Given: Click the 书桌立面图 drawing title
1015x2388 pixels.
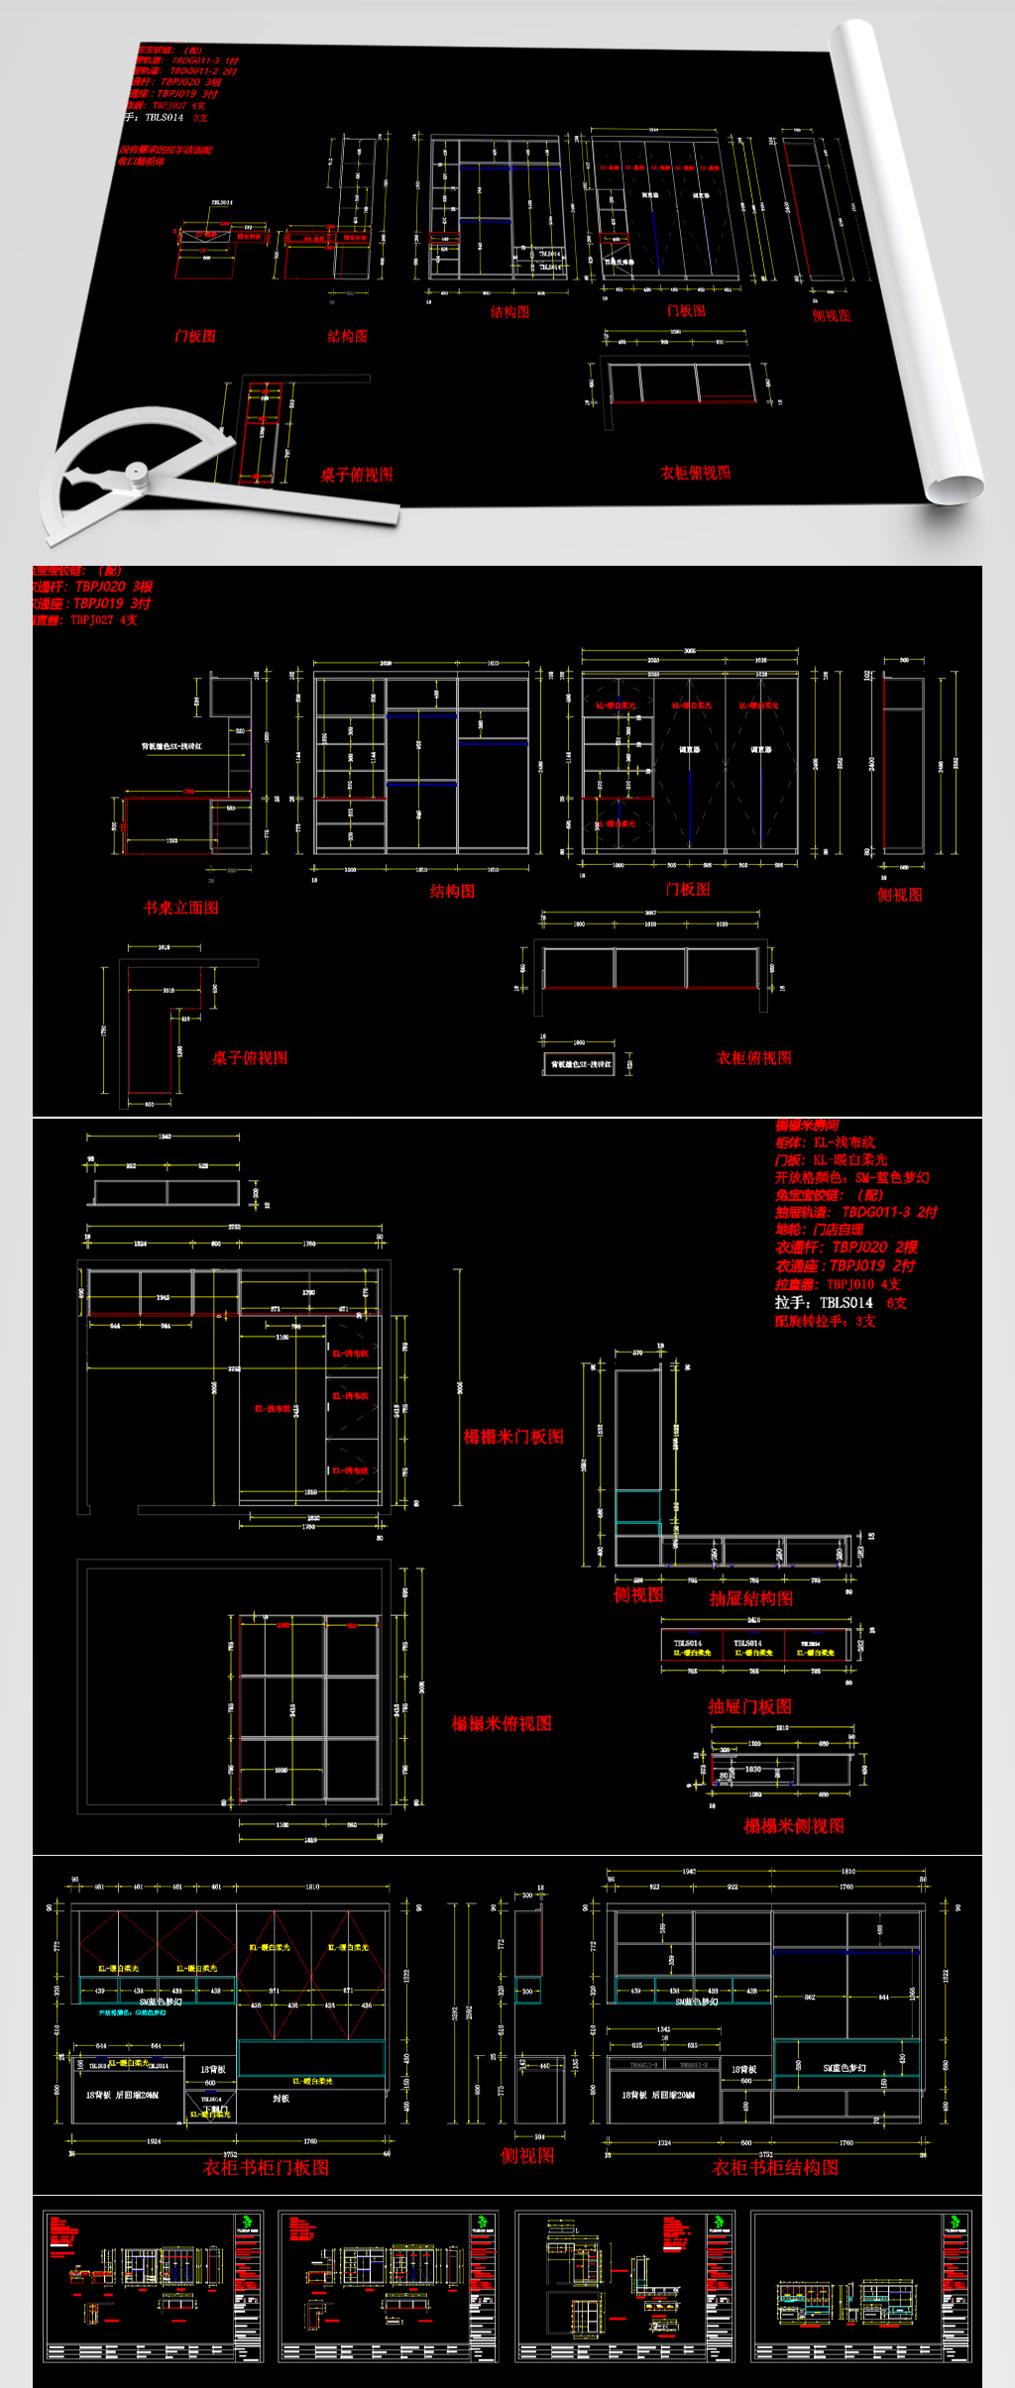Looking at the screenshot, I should click(180, 908).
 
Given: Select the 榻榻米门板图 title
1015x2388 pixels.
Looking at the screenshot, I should click(513, 1437).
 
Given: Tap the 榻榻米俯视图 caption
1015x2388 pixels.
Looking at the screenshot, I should click(502, 1723).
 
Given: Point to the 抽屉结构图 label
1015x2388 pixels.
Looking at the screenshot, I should click(751, 1598).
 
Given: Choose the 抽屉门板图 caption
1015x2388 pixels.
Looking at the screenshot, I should click(749, 1705).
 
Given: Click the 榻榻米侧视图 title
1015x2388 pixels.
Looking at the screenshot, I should click(794, 1825).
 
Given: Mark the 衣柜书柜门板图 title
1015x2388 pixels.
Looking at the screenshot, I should click(266, 2167).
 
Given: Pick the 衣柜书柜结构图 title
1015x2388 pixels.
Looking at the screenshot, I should click(775, 2167).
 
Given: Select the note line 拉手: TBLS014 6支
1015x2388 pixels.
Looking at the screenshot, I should click(841, 1303).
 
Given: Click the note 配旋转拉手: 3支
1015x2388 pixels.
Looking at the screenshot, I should click(825, 1321).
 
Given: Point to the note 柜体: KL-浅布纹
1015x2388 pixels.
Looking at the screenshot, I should click(825, 1142).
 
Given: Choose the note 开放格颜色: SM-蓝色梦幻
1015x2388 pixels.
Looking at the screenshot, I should click(851, 1177).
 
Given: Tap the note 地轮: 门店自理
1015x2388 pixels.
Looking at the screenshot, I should click(819, 1230).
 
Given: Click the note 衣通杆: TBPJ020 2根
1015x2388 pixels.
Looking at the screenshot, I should click(846, 1248).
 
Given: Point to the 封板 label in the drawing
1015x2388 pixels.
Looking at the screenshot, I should click(281, 2098).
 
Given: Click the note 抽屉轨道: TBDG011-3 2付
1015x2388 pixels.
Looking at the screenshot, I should click(855, 1212).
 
